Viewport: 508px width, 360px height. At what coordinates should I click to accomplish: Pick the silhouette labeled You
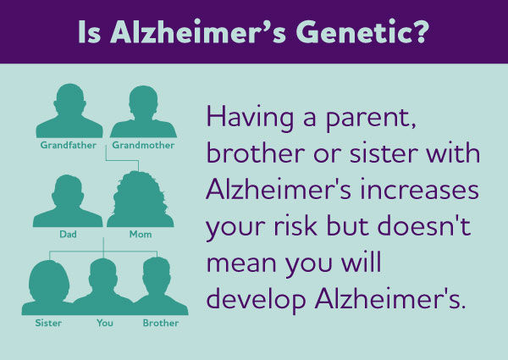click(103, 288)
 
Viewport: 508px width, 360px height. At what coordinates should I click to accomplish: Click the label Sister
click(48, 323)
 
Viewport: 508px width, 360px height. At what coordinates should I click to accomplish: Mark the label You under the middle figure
click(105, 323)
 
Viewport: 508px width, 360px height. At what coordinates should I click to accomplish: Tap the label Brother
click(160, 323)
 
